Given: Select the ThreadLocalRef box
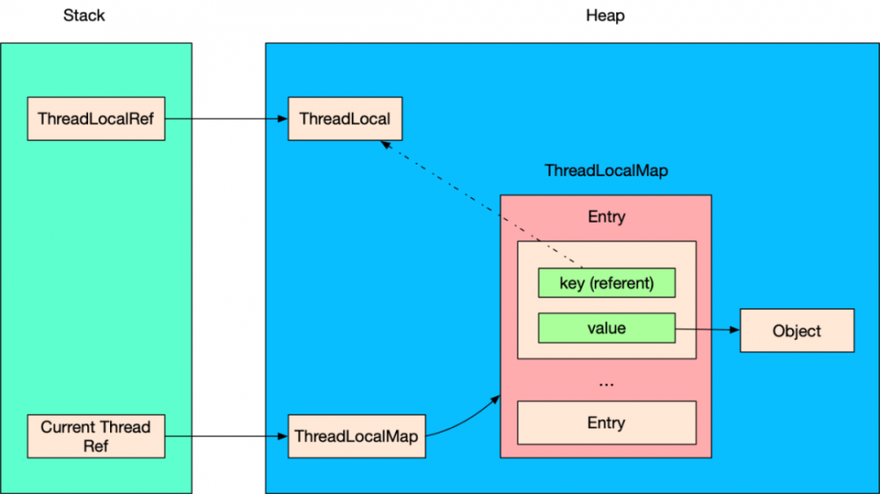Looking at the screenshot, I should pyautogui.click(x=96, y=118).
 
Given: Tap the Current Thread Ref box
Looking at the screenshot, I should pyautogui.click(x=96, y=436).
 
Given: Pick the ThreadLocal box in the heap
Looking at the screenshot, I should pyautogui.click(x=345, y=118).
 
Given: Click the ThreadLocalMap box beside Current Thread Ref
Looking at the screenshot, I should pyautogui.click(x=356, y=436).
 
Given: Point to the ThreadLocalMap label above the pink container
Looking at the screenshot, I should pyautogui.click(x=605, y=171).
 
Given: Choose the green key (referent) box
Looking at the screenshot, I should pyautogui.click(x=606, y=284).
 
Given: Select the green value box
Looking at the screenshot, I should pyautogui.click(x=606, y=328).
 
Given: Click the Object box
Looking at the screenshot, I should pyautogui.click(x=796, y=331).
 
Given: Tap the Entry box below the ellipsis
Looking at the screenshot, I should pyautogui.click(x=606, y=423).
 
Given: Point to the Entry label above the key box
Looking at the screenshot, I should pyautogui.click(x=606, y=217).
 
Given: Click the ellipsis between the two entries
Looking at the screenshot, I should pyautogui.click(x=606, y=383).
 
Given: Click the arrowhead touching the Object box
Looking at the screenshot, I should pyautogui.click(x=734, y=330).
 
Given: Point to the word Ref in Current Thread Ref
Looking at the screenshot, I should pyautogui.click(x=96, y=446).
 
